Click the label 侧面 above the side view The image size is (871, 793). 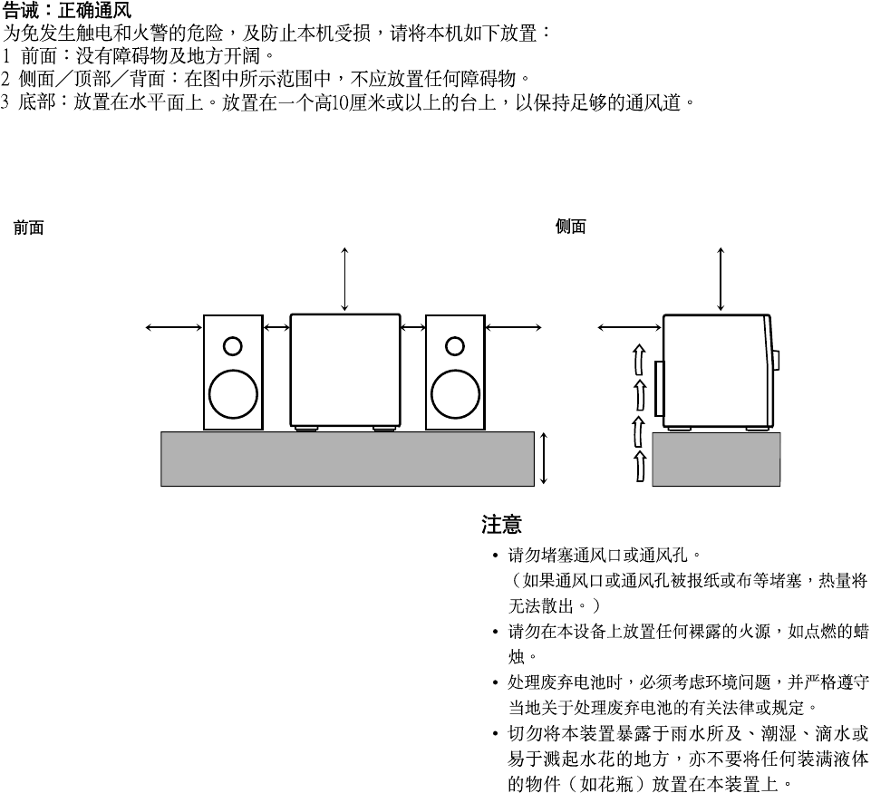coord(570,227)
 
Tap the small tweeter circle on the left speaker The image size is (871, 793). coord(233,345)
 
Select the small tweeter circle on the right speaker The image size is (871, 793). coord(455,345)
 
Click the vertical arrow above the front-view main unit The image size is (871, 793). coord(344,277)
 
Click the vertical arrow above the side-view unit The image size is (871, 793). coord(721,277)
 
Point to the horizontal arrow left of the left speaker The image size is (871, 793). coord(174,327)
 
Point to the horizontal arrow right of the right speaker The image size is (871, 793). coord(513,327)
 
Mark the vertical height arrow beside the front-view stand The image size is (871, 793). coord(544,458)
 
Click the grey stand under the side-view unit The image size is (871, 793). coord(716,459)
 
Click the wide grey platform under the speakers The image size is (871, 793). coord(347,459)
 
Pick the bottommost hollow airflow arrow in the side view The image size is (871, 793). coord(639,464)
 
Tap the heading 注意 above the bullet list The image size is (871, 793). coord(501,525)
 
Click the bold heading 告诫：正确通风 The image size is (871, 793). coord(67,11)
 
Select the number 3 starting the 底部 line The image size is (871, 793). coord(5,102)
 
